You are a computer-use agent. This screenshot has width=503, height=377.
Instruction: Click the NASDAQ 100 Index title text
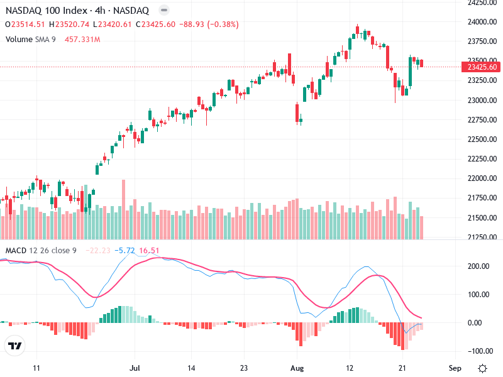(43, 10)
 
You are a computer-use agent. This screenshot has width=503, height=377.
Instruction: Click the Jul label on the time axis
(133, 368)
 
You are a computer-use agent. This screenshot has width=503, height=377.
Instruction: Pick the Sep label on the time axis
(456, 368)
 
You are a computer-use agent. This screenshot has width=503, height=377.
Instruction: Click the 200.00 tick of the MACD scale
(479, 266)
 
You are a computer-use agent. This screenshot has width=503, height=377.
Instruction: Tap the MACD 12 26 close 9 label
(41, 251)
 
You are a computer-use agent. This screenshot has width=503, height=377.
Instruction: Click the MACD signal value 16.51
(149, 251)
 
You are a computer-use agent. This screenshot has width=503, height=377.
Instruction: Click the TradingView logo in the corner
(15, 346)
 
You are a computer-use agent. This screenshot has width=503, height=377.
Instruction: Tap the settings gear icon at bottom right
(482, 368)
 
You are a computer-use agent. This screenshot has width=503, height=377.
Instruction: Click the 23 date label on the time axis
(245, 368)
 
